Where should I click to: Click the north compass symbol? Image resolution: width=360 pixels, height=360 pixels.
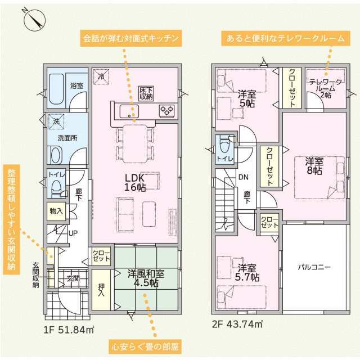pyautogui.click(x=35, y=20)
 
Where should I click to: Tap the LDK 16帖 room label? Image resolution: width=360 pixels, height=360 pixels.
pyautogui.click(x=135, y=183)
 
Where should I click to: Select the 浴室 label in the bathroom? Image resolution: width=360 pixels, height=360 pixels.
pyautogui.click(x=76, y=86)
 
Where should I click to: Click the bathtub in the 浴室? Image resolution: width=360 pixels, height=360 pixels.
pyautogui.click(x=56, y=89)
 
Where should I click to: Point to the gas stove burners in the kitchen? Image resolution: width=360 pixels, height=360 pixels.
pyautogui.click(x=167, y=111)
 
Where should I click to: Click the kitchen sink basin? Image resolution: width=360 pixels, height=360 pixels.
pyautogui.click(x=129, y=111)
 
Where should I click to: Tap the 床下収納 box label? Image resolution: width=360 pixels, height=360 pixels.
pyautogui.click(x=146, y=93)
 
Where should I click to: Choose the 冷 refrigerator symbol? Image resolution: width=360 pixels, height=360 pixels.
pyautogui.click(x=101, y=76)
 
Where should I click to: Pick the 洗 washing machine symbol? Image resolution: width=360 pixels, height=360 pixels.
pyautogui.click(x=56, y=121)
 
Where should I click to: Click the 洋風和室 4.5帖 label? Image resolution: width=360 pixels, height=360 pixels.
pyautogui.click(x=146, y=278)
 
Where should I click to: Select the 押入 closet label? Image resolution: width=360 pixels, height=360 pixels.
pyautogui.click(x=101, y=290)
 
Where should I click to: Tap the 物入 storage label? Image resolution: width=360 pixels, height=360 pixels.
pyautogui.click(x=56, y=211)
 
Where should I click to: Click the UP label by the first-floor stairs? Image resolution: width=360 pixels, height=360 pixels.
pyautogui.click(x=73, y=233)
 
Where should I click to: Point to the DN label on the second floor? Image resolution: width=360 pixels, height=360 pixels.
pyautogui.click(x=244, y=177)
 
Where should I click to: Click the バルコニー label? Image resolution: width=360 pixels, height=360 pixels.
pyautogui.click(x=314, y=267)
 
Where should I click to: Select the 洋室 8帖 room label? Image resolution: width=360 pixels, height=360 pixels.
pyautogui.click(x=314, y=166)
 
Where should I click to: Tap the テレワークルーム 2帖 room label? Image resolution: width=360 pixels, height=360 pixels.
pyautogui.click(x=326, y=88)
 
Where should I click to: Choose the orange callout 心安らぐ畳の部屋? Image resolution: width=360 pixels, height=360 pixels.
pyautogui.click(x=145, y=346)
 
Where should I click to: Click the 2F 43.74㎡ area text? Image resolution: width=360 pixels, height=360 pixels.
pyautogui.click(x=237, y=324)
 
